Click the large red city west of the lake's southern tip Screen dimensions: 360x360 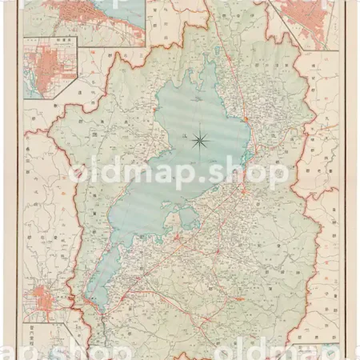tap(41, 301)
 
